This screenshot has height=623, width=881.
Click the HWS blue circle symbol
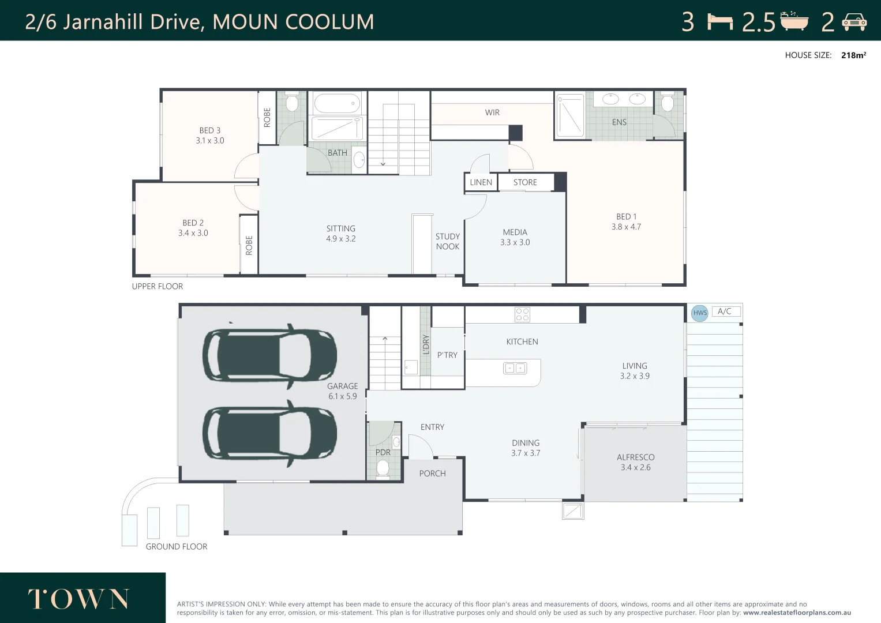click(x=700, y=313)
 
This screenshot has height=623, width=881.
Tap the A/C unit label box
click(x=726, y=311)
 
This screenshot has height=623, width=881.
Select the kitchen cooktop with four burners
click(x=522, y=314)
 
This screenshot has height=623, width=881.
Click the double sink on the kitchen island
click(x=515, y=368)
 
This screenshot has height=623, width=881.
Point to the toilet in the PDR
click(x=383, y=468)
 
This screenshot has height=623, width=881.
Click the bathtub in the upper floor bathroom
click(x=338, y=103)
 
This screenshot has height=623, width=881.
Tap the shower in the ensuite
click(x=570, y=115)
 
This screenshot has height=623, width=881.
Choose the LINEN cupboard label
click(x=481, y=182)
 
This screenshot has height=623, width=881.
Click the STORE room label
click(x=525, y=182)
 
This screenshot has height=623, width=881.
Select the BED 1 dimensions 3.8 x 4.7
click(x=626, y=227)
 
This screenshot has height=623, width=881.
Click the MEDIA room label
click(x=515, y=232)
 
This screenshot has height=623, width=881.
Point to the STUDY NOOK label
click(x=448, y=242)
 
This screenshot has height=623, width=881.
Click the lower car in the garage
click(x=270, y=433)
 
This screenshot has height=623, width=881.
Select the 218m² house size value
click(x=853, y=55)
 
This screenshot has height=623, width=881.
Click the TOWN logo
click(x=78, y=599)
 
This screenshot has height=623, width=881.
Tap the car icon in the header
click(x=854, y=22)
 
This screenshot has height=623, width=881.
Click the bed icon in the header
click(x=720, y=22)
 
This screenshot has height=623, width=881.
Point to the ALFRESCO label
click(x=636, y=457)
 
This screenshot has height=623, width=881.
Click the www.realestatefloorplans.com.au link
click(x=797, y=613)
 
